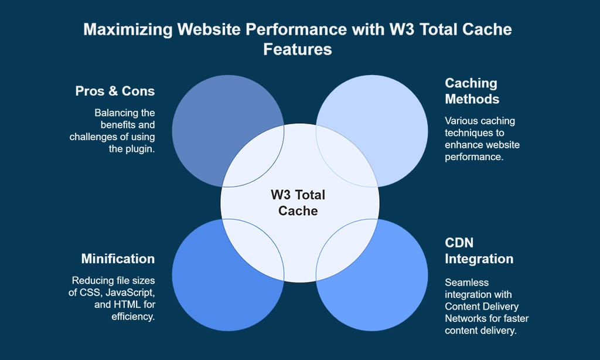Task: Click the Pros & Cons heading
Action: point(115,91)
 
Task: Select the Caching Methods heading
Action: point(471,91)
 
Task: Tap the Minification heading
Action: point(118,259)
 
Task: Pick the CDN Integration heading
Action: point(479,251)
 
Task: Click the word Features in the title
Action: point(298,49)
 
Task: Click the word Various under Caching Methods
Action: point(461,121)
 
